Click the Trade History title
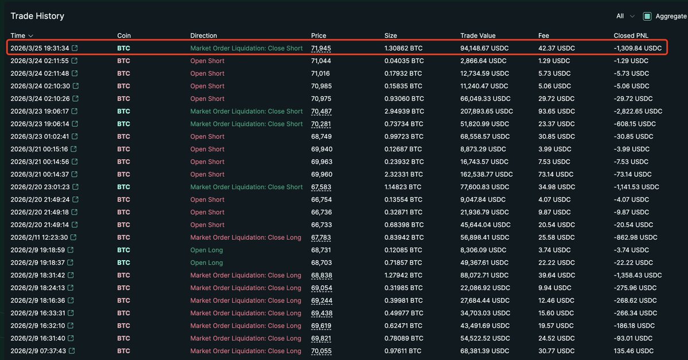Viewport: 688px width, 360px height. click(x=37, y=16)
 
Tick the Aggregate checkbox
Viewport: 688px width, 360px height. click(x=647, y=16)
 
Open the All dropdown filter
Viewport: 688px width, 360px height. click(x=625, y=16)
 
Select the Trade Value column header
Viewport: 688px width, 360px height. click(x=477, y=36)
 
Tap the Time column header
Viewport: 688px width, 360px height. click(x=22, y=36)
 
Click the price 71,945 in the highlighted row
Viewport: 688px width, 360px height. click(x=321, y=48)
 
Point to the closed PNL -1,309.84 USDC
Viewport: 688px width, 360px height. click(x=638, y=48)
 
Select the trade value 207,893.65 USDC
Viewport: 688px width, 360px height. click(x=487, y=111)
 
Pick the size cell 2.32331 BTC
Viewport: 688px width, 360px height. click(x=403, y=175)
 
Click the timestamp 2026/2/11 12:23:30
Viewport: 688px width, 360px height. click(x=39, y=238)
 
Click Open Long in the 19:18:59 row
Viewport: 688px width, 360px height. click(x=207, y=250)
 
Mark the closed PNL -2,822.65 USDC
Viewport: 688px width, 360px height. click(x=638, y=111)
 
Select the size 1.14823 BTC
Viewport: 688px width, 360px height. click(x=404, y=187)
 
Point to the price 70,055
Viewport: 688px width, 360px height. click(x=321, y=351)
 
